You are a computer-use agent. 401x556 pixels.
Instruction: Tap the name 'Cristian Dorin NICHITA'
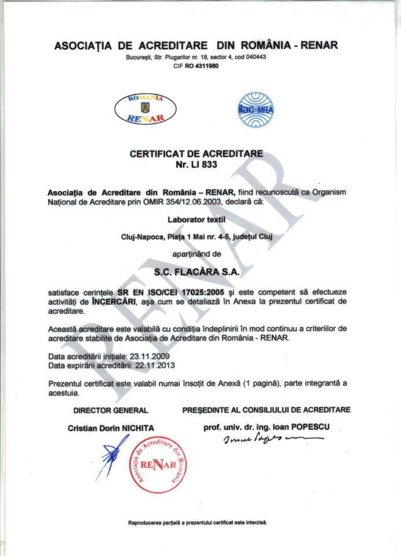point(111,428)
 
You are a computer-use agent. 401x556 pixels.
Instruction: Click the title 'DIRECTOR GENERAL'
point(111,410)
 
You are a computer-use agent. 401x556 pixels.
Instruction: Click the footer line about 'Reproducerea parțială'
point(197,522)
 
